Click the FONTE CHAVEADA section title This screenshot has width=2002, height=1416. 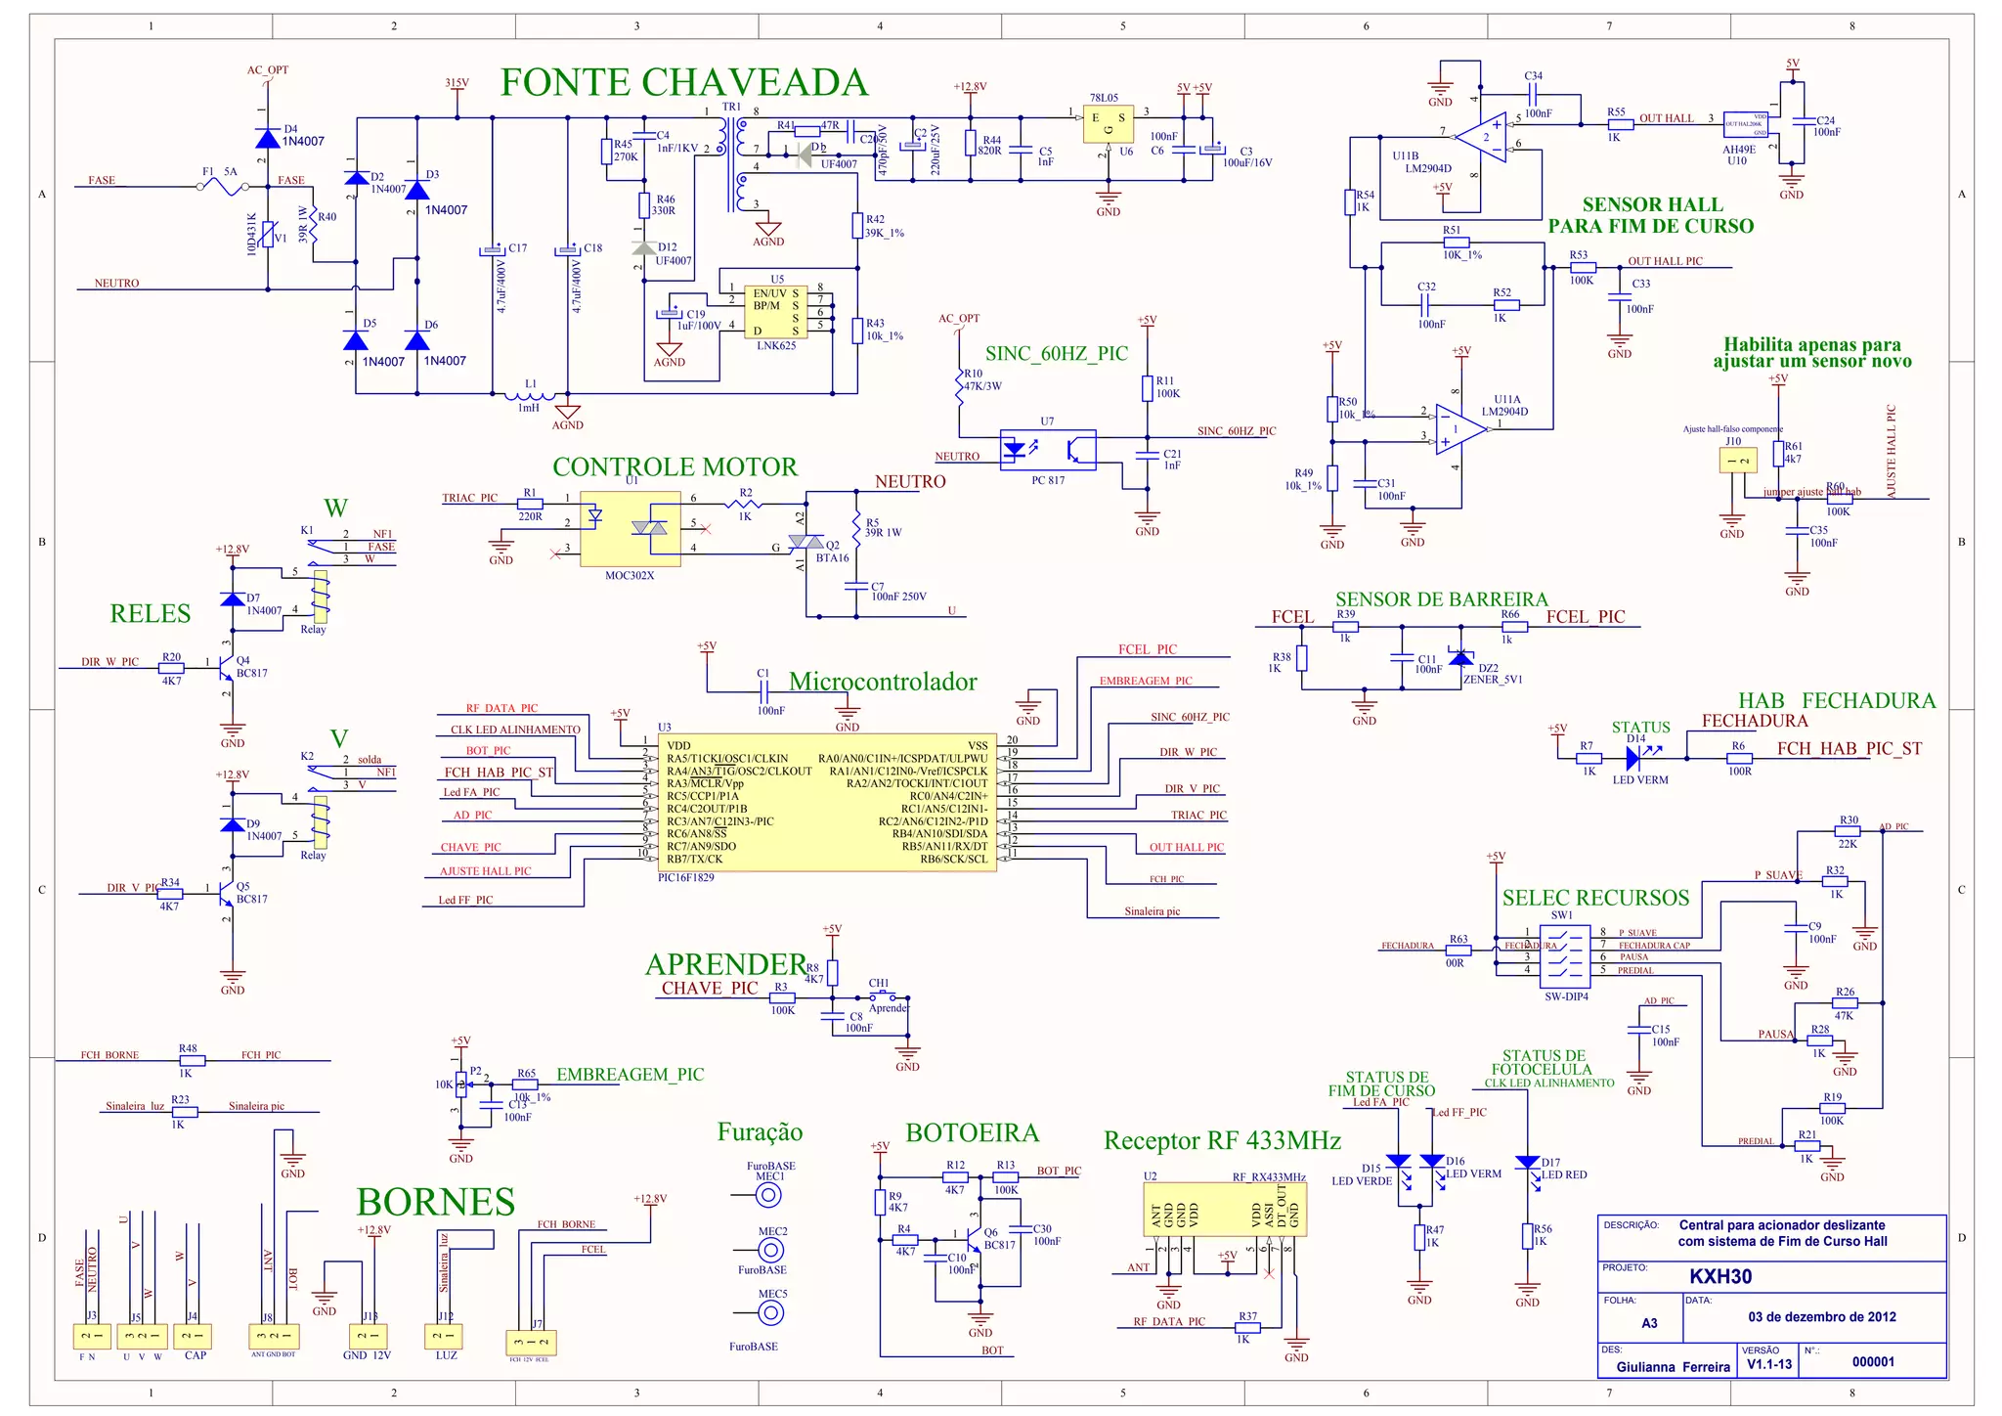pyautogui.click(x=684, y=83)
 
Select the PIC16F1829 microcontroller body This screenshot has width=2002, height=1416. pyautogui.click(x=827, y=802)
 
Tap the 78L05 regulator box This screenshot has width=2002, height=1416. pyautogui.click(x=1109, y=124)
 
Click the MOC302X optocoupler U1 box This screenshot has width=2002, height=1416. pyautogui.click(x=631, y=529)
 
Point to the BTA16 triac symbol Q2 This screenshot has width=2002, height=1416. pyautogui.click(x=806, y=541)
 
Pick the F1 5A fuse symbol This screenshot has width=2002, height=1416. pyautogui.click(x=223, y=186)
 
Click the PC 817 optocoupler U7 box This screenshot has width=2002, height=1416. pyautogui.click(x=1048, y=450)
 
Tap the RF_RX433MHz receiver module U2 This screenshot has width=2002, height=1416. pyautogui.click(x=1225, y=1211)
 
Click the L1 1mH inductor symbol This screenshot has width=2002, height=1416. pyautogui.click(x=529, y=395)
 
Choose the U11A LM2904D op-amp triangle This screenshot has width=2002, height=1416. pyautogui.click(x=1459, y=430)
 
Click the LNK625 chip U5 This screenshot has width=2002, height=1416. pyautogui.click(x=775, y=312)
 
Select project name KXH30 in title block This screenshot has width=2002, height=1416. pyautogui.click(x=1720, y=1277)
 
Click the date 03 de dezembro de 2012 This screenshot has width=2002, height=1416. pyautogui.click(x=1822, y=1316)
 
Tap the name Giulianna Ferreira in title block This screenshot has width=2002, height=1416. pyautogui.click(x=1673, y=1367)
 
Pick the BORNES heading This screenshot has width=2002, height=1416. pyautogui.click(x=435, y=1202)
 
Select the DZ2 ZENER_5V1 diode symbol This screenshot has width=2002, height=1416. pyautogui.click(x=1461, y=658)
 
